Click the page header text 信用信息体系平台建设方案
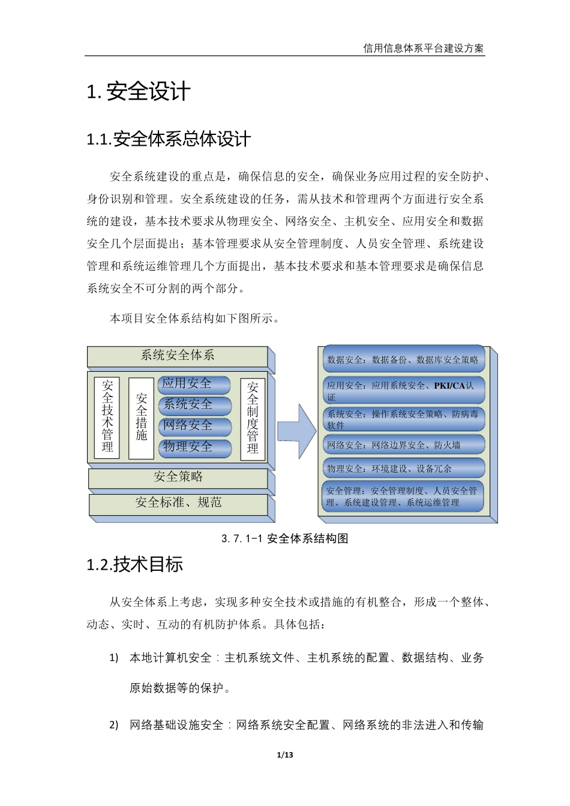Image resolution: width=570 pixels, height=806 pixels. (x=423, y=49)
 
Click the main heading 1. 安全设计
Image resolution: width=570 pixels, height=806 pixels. (x=139, y=92)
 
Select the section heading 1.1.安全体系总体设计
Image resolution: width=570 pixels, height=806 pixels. (x=169, y=139)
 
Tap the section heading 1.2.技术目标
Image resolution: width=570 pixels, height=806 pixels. (x=135, y=564)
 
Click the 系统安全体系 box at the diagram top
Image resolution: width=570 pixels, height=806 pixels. (x=178, y=356)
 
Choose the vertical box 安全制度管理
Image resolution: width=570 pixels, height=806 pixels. (x=253, y=418)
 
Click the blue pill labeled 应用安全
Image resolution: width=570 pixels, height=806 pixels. (x=194, y=384)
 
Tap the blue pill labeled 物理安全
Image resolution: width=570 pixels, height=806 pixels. (x=194, y=447)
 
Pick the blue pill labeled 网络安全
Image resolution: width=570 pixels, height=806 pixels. (x=194, y=426)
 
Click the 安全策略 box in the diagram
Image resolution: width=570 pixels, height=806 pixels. (x=178, y=477)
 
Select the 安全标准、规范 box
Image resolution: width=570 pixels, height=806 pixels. (x=178, y=503)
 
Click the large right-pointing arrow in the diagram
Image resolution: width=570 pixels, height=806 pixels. (x=297, y=431)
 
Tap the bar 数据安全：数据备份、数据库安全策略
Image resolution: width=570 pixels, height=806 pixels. (x=403, y=360)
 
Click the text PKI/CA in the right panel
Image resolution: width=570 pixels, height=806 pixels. (x=449, y=386)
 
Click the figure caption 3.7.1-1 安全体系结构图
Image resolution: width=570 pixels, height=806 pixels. (x=285, y=539)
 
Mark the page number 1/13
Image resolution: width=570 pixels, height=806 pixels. (x=285, y=754)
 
